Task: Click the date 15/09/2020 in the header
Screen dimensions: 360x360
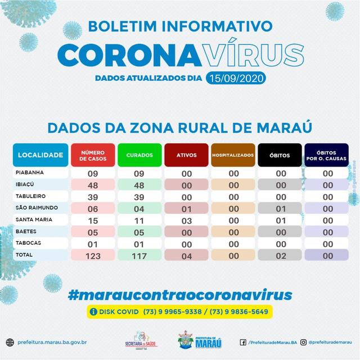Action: click(236, 78)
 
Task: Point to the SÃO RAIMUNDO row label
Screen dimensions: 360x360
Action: click(37, 208)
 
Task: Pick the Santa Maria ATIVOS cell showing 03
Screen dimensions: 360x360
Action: click(186, 219)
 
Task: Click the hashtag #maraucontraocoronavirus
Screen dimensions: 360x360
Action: click(180, 294)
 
